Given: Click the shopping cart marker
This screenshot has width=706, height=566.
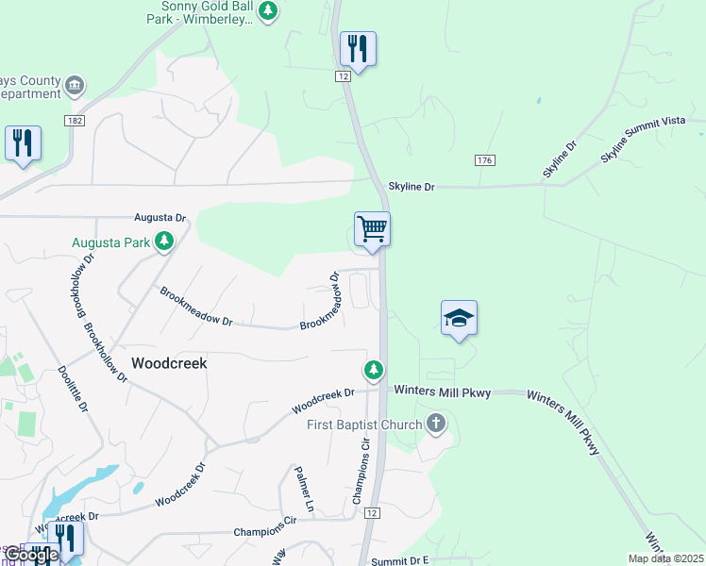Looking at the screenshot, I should coord(372,229).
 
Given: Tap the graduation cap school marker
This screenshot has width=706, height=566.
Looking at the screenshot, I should coord(459,318).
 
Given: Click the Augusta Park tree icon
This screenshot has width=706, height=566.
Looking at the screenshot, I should coord(165,242).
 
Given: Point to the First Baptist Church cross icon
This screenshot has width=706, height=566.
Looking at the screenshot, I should coord(435,424).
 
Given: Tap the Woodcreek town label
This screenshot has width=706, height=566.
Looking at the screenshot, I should coord(169,362).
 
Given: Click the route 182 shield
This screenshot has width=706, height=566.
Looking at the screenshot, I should coord(76,121).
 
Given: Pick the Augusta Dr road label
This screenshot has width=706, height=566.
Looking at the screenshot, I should coord(160,218).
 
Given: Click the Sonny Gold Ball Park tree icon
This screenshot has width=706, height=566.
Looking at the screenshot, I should coord(269,10).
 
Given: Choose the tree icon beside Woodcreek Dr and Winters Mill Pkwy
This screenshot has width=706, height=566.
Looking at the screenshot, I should coord(375,370).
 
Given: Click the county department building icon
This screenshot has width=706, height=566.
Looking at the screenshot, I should coord(75,88).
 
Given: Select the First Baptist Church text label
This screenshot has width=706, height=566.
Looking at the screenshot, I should coord(364,424).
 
